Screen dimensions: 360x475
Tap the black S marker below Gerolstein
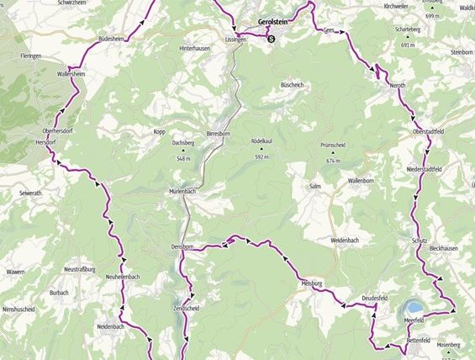(x=272, y=38)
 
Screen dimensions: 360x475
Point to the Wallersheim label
(x=71, y=74)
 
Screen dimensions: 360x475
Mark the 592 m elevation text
(x=261, y=156)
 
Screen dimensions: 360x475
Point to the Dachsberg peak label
(x=184, y=142)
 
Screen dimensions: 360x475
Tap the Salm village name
(x=316, y=186)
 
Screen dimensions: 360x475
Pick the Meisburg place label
(x=313, y=284)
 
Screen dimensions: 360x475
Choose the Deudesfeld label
(x=374, y=299)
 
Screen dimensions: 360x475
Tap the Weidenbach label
(x=345, y=241)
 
